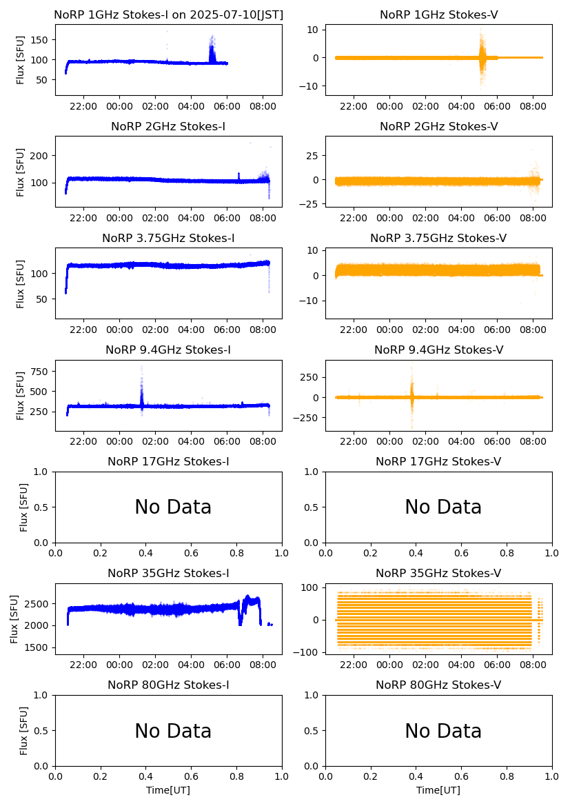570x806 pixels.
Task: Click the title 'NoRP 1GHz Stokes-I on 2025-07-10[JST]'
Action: point(168,14)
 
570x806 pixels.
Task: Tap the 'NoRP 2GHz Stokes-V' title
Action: point(438,126)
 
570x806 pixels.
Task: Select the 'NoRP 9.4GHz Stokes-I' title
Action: point(168,350)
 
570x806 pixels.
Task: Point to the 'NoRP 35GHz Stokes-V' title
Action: point(438,574)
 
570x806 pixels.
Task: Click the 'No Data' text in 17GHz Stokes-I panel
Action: point(173,507)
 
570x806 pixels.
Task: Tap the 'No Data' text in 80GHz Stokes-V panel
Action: point(443,732)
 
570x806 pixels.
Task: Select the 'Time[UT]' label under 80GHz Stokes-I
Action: point(168,790)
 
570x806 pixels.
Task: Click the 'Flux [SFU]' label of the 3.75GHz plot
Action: point(21,283)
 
